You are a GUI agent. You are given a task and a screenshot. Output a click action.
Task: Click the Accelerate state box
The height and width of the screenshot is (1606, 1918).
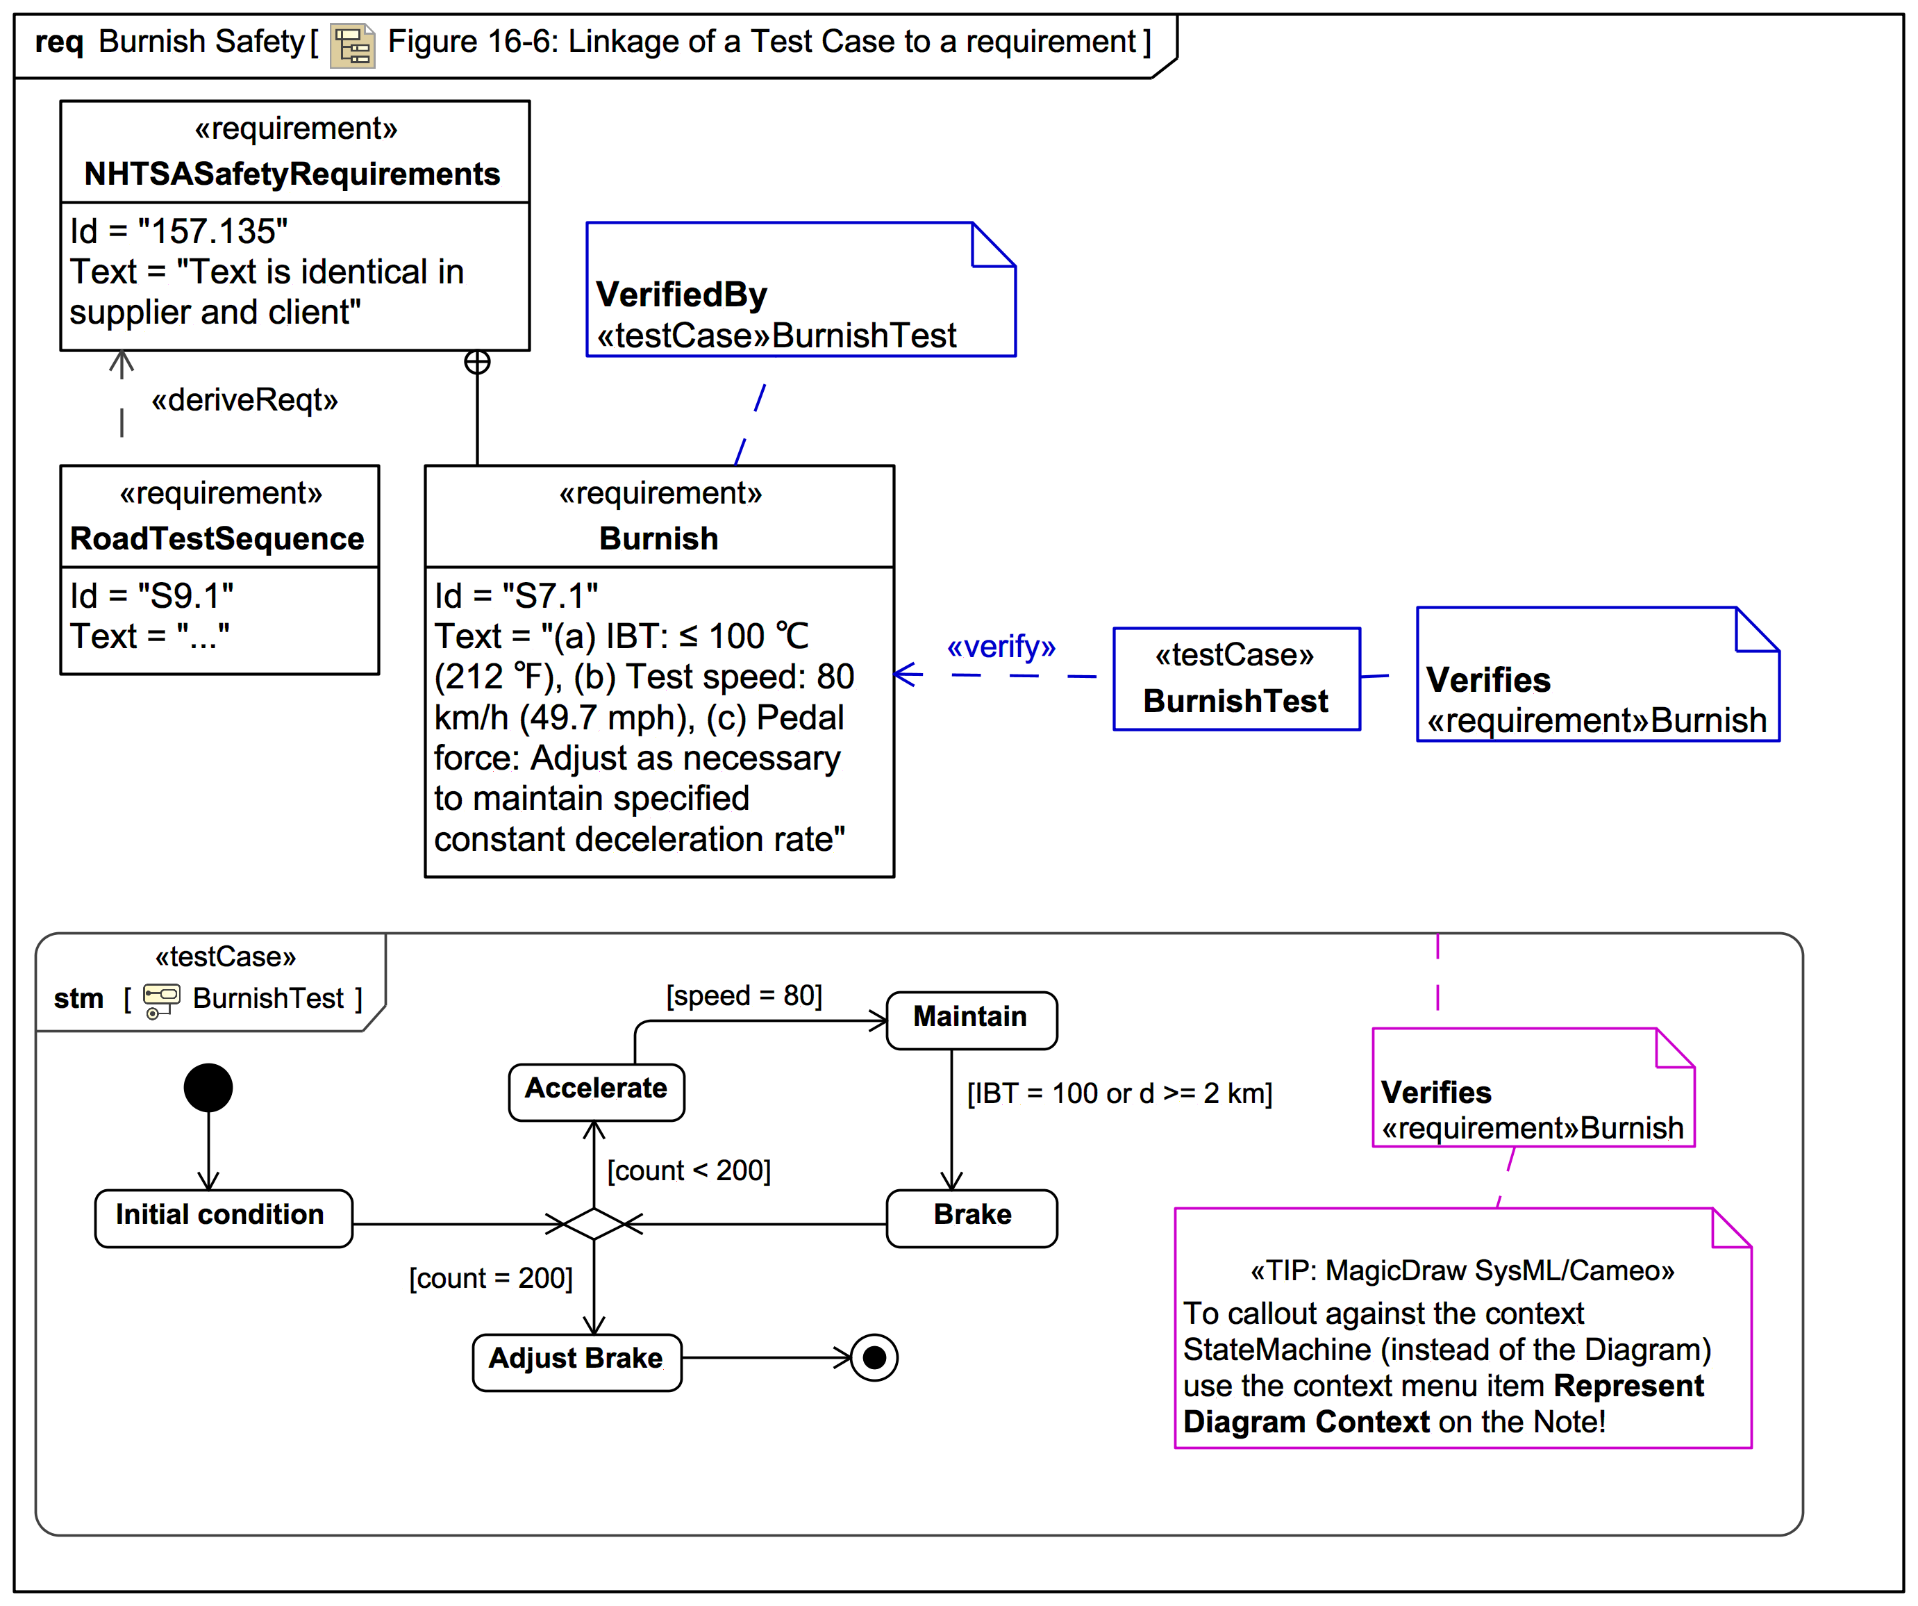(597, 1092)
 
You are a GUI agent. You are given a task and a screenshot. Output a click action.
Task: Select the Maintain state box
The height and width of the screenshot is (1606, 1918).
(971, 1020)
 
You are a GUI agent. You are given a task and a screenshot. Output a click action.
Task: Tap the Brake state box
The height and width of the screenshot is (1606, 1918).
(971, 1217)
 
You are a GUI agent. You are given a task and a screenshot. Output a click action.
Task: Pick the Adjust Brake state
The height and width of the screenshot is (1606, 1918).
(576, 1361)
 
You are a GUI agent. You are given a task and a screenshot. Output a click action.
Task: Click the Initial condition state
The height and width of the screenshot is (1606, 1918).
(223, 1217)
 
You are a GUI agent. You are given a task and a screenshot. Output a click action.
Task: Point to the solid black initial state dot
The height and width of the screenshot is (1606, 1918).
(208, 1087)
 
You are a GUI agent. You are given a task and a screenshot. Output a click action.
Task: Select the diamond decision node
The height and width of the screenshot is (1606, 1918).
(594, 1223)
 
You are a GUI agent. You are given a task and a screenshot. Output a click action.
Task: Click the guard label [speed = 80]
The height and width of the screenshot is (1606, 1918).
(744, 995)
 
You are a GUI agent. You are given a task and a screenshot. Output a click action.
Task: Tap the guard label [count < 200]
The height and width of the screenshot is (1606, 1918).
(690, 1170)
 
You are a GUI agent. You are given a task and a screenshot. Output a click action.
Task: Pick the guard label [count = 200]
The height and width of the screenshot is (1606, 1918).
(492, 1278)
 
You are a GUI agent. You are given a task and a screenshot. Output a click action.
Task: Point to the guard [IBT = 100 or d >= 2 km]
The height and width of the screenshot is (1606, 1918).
(1119, 1093)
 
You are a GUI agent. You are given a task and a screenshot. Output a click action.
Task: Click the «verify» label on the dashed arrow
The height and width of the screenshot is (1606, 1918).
(1001, 647)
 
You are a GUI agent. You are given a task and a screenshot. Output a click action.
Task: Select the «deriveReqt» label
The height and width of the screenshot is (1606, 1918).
(244, 400)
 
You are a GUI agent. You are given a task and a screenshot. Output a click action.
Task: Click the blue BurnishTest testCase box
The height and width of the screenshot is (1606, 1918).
(1237, 679)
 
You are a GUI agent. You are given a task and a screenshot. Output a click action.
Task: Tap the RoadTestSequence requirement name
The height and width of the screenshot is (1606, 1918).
(217, 539)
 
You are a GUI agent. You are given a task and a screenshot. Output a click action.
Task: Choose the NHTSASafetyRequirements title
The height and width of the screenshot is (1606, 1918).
(292, 174)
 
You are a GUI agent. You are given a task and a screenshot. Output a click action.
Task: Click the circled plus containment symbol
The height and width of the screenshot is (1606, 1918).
(477, 363)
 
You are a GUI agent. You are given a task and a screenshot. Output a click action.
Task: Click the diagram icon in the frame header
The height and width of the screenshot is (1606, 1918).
(353, 44)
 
